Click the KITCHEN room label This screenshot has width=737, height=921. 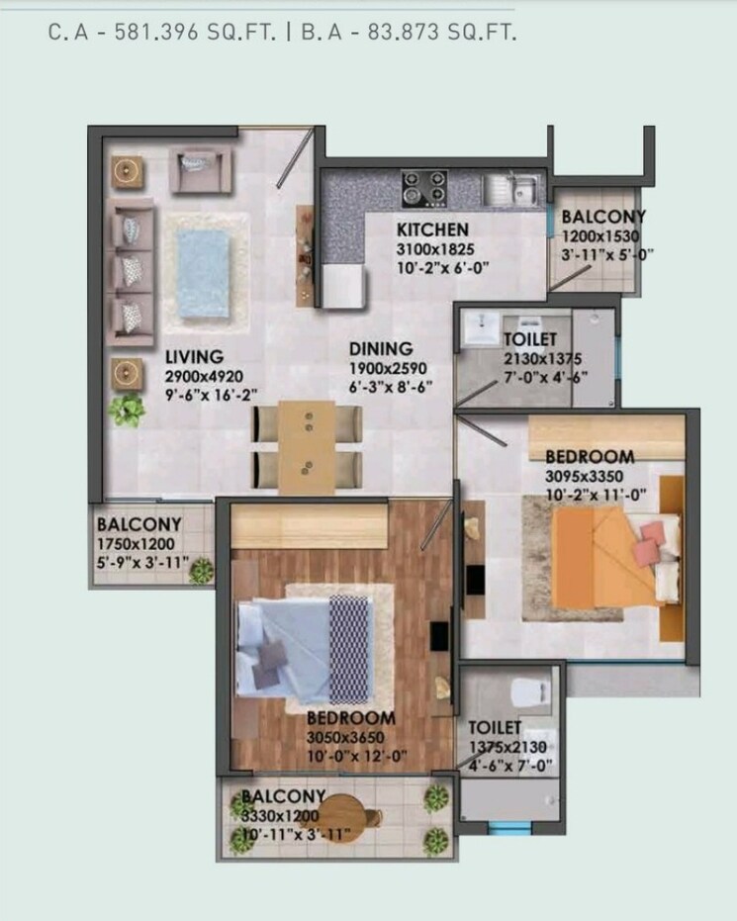click(x=432, y=230)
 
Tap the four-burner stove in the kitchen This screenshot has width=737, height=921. click(x=423, y=188)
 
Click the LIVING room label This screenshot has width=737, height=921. click(x=194, y=356)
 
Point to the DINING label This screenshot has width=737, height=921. click(x=380, y=348)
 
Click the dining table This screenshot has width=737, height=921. click(x=308, y=447)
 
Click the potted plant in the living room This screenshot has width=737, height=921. click(x=126, y=409)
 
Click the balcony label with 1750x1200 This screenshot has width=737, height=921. click(x=138, y=524)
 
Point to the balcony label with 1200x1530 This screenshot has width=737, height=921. click(x=603, y=217)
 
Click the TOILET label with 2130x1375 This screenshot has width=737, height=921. click(x=537, y=339)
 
